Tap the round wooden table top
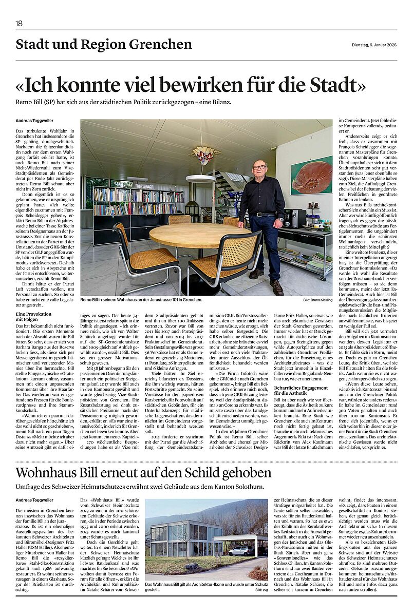(x=194, y=235)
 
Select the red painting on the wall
(x=311, y=176)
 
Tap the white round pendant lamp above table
(x=200, y=179)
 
